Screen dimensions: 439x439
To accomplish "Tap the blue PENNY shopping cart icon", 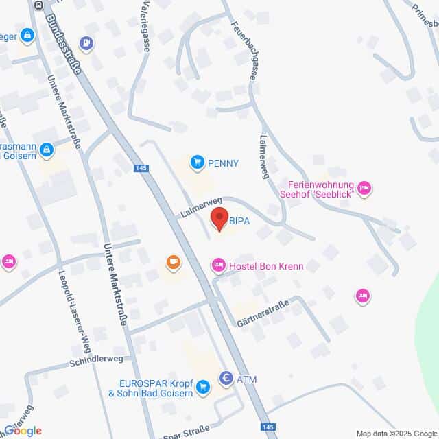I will pos(198,163).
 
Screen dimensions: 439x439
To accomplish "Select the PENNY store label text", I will pos(224,163).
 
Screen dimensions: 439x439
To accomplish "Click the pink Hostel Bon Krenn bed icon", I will pos(218,264).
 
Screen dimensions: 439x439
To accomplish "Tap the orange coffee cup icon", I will pos(173,261).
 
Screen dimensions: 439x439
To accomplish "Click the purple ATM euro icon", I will pos(226,378).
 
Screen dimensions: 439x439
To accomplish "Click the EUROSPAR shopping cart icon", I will pos(202,388).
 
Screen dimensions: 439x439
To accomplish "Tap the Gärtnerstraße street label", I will pos(263,312).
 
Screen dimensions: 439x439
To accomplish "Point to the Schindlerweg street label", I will pos(97,360).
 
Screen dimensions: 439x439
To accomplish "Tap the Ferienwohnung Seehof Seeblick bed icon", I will pos(364,186).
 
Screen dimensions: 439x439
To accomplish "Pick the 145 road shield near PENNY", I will pos(142,167).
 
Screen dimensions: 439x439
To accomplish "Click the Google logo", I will pos(23,431).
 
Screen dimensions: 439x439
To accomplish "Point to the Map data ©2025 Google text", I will pos(396,434).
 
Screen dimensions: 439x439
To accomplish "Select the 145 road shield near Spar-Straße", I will pos(270,427).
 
